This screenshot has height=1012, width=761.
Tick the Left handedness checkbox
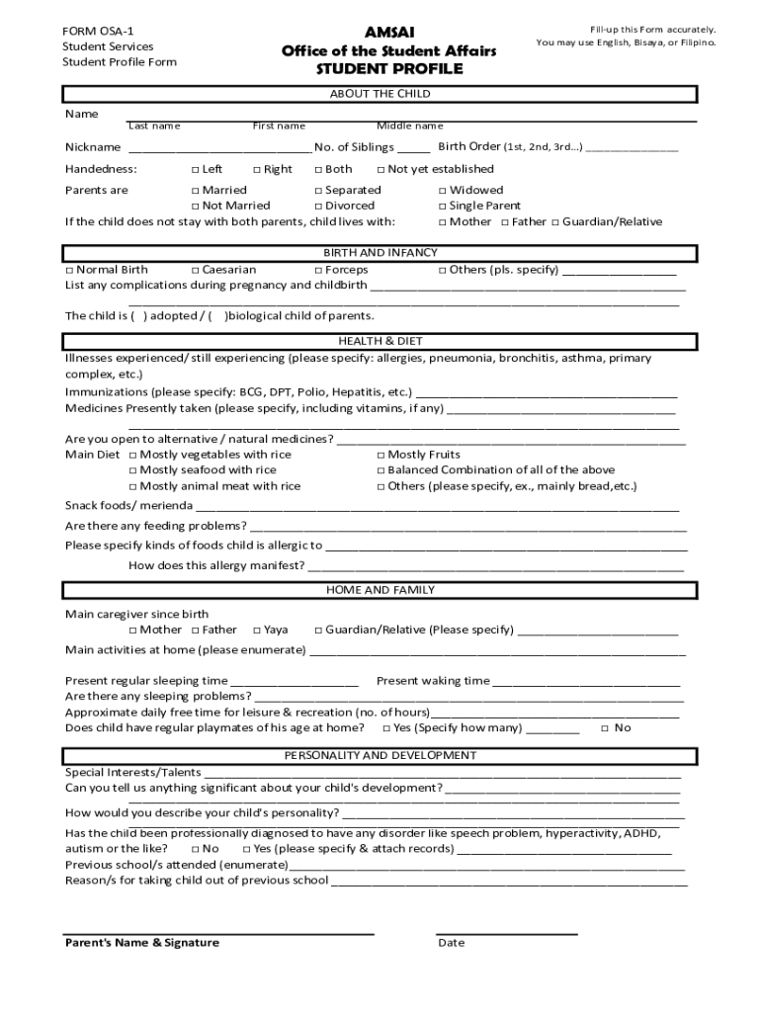(x=195, y=170)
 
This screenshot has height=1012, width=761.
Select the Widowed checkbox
(x=443, y=191)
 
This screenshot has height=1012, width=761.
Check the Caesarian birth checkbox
(x=195, y=270)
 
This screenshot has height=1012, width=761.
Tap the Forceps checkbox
(x=319, y=270)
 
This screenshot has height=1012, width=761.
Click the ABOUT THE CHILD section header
(x=380, y=94)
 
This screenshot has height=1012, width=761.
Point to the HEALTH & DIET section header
(x=380, y=341)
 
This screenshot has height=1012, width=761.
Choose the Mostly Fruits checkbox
(x=381, y=455)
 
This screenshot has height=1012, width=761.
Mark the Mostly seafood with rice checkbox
(x=133, y=470)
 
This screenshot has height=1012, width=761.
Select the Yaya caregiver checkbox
(x=257, y=631)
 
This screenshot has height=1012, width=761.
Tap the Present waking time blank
(x=586, y=682)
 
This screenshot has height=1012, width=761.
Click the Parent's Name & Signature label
(x=142, y=943)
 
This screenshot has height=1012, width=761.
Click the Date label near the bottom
(x=451, y=943)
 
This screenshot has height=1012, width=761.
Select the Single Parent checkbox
(x=443, y=207)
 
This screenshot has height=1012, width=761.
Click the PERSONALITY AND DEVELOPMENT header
(x=380, y=755)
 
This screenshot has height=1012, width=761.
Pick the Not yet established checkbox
(x=381, y=170)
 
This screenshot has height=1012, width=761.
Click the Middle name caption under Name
(x=409, y=126)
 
